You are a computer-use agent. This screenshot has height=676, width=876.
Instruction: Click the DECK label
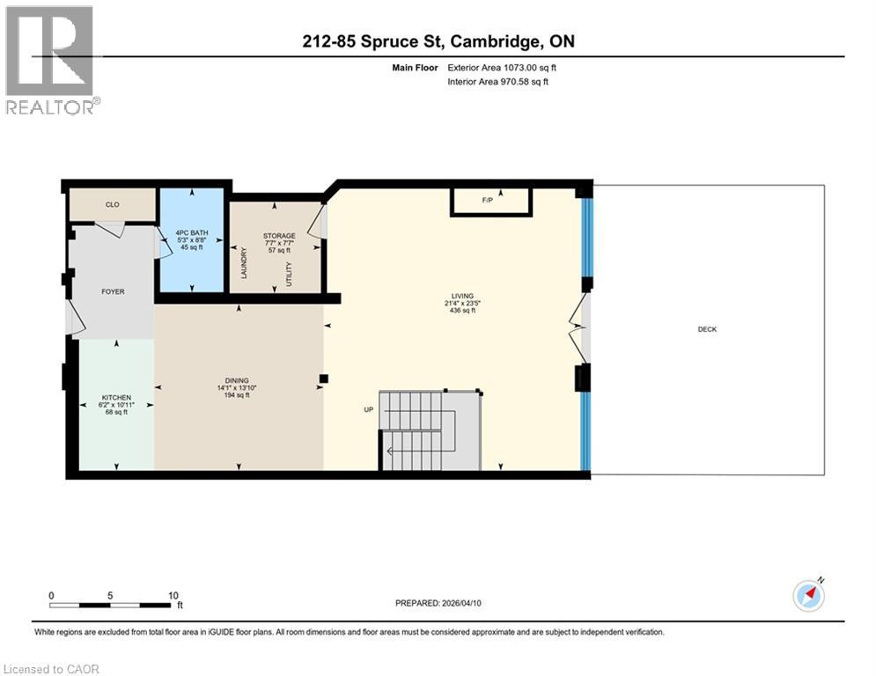click(707, 329)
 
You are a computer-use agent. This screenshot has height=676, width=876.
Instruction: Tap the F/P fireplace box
click(490, 202)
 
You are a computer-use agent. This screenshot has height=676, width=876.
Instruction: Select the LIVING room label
click(461, 297)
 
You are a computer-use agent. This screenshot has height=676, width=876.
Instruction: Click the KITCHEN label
click(116, 397)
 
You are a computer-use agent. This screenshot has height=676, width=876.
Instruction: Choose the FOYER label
click(113, 291)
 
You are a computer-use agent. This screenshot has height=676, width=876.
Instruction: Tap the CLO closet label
click(112, 204)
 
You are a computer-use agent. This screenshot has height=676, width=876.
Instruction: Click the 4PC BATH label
click(190, 232)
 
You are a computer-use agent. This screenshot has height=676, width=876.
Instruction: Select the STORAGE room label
click(278, 236)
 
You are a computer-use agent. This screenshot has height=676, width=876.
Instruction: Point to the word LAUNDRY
click(244, 262)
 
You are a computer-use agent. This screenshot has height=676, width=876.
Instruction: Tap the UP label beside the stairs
click(370, 409)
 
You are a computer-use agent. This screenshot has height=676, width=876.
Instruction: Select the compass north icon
click(808, 595)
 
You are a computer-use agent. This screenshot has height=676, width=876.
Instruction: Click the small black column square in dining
click(324, 379)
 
